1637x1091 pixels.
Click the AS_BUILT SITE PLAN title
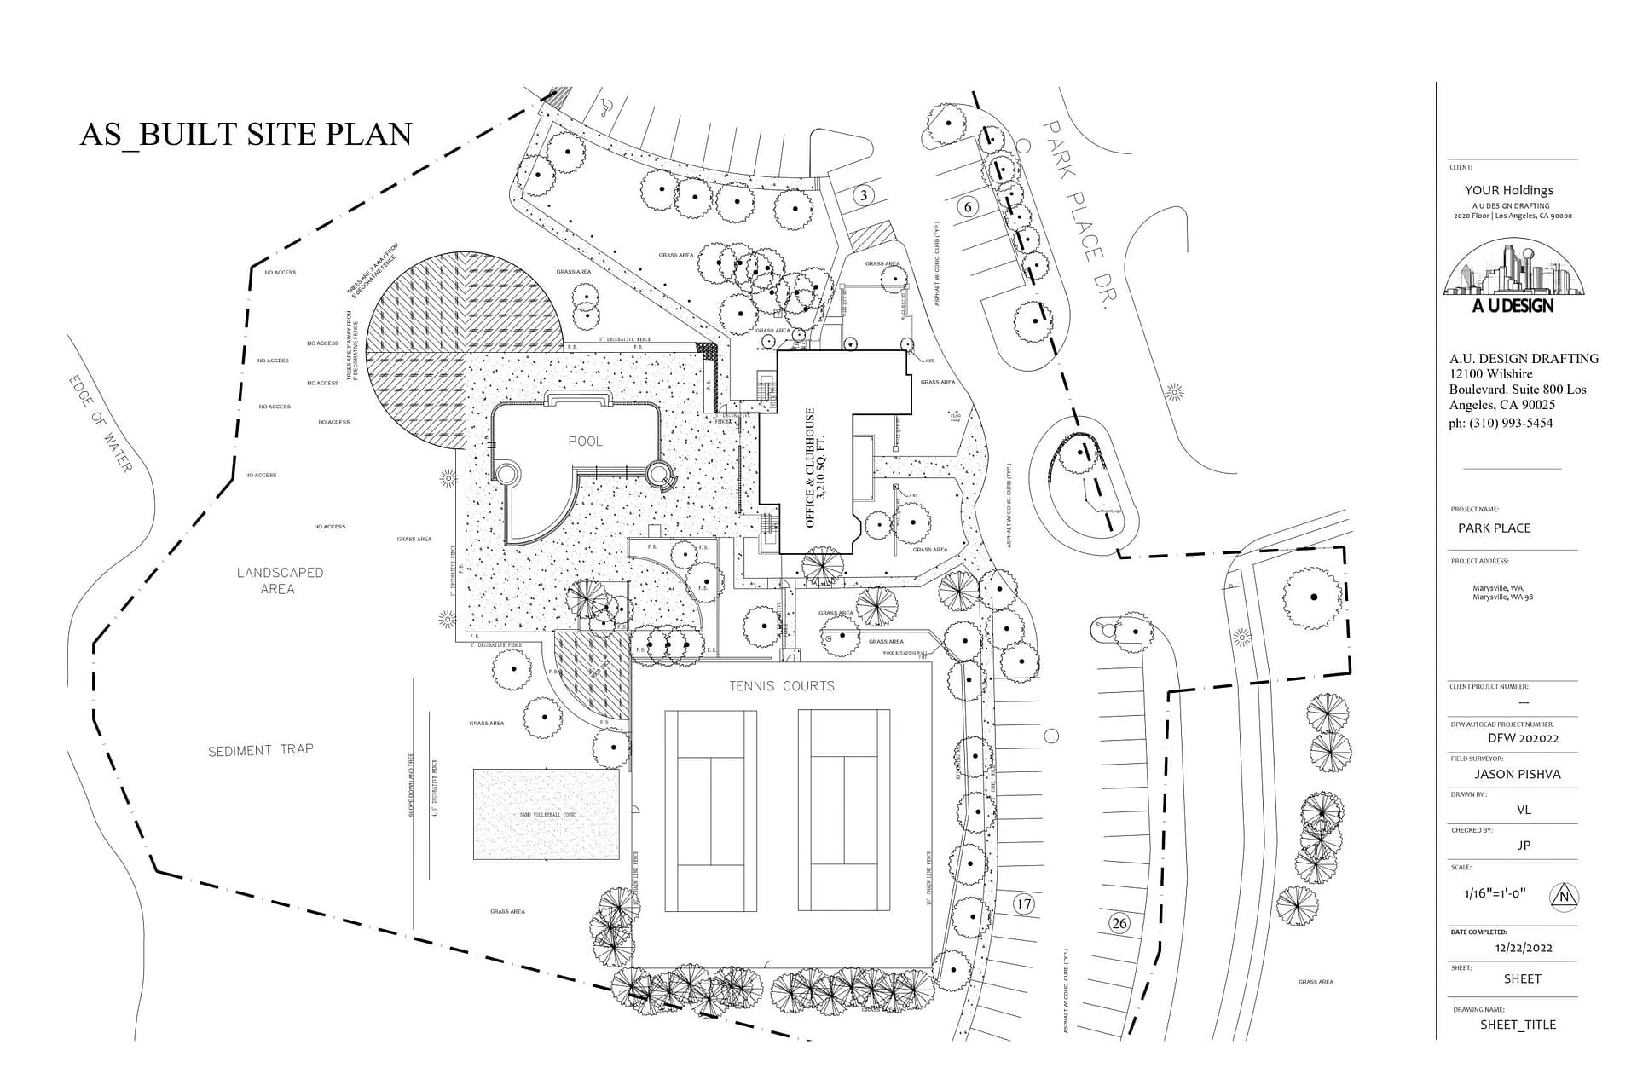(246, 134)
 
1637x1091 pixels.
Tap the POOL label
(585, 441)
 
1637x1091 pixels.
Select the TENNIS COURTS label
(781, 685)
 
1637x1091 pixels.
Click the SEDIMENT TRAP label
(261, 750)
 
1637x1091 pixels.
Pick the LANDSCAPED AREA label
(280, 580)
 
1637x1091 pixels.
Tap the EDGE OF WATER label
(101, 424)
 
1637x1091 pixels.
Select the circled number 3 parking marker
(864, 195)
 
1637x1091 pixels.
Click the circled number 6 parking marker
(967, 206)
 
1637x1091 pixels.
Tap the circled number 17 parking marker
(1023, 904)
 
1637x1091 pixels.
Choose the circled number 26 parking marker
(1119, 923)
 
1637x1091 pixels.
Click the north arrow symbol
(1565, 896)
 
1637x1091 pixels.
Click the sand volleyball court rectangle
(546, 815)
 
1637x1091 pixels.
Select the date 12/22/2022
(1524, 947)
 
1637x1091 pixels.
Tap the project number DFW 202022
(1523, 738)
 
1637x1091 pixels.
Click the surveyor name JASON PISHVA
(1518, 774)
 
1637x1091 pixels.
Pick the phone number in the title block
(1501, 423)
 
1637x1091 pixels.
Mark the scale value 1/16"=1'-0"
(1495, 894)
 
